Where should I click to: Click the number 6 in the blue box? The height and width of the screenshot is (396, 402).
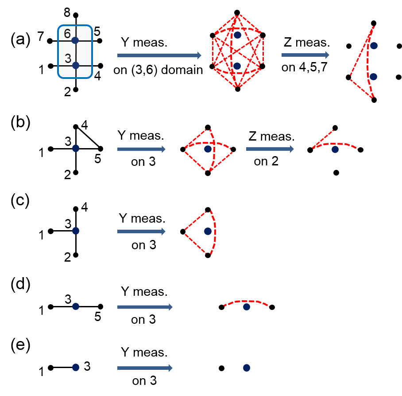pyautogui.click(x=67, y=34)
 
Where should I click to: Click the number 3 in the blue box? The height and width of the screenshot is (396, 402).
pyautogui.click(x=68, y=59)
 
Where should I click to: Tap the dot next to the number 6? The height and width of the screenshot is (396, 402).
pyautogui.click(x=75, y=40)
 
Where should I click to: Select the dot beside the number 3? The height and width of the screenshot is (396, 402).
pyautogui.click(x=76, y=65)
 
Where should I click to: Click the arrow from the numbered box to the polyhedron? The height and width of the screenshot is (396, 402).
pyautogui.click(x=159, y=55)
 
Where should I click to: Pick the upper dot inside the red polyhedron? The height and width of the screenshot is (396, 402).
pyautogui.click(x=238, y=35)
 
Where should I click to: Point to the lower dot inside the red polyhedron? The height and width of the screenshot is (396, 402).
pyautogui.click(x=237, y=66)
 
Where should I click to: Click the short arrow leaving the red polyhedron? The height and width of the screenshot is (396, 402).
pyautogui.click(x=305, y=55)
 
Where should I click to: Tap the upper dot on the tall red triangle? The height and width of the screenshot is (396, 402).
pyautogui.click(x=374, y=46)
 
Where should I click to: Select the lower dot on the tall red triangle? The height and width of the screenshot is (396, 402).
pyautogui.click(x=373, y=77)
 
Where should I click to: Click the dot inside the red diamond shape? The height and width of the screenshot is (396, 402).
pyautogui.click(x=208, y=149)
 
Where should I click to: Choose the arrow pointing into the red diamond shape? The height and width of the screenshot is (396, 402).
pyautogui.click(x=141, y=149)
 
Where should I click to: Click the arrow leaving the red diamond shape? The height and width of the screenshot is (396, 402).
pyautogui.click(x=270, y=149)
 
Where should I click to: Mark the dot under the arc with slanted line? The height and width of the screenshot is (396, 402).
pyautogui.click(x=335, y=149)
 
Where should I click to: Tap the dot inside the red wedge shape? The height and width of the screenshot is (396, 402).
pyautogui.click(x=208, y=231)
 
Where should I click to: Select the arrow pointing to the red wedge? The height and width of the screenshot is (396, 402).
pyautogui.click(x=141, y=231)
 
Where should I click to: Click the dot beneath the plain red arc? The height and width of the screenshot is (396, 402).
pyautogui.click(x=247, y=307)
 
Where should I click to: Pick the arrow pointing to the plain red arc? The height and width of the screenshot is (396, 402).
pyautogui.click(x=145, y=307)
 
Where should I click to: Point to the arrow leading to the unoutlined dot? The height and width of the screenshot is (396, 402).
pyautogui.click(x=145, y=368)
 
